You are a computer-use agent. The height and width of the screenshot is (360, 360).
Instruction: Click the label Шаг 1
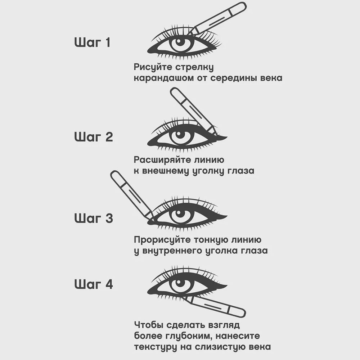point(93,43)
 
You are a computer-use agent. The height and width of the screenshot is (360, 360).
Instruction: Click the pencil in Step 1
point(220,18)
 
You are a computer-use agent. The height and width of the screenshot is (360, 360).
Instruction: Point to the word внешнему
point(169,171)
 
